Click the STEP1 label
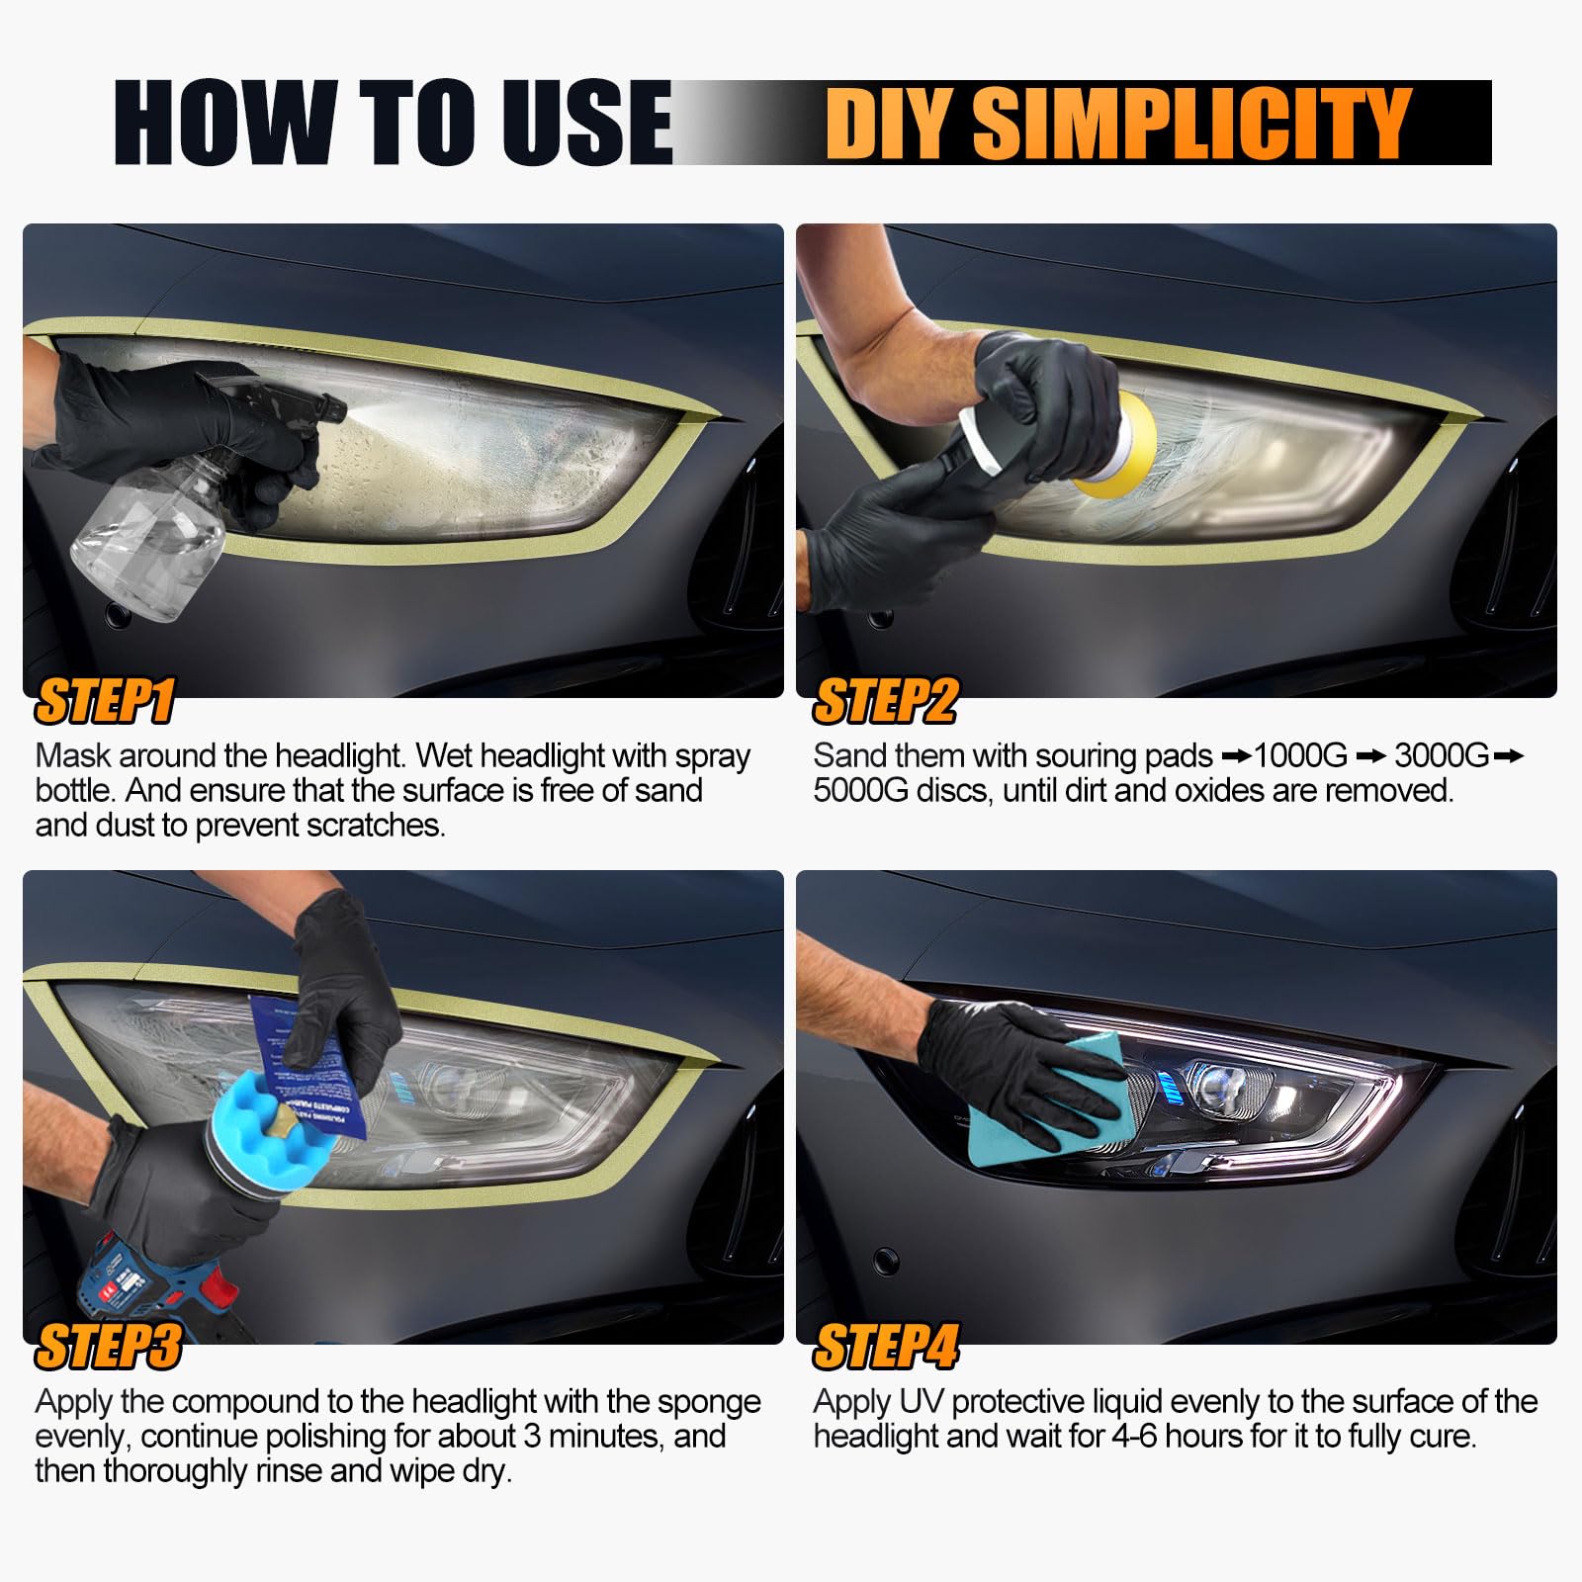coord(105,701)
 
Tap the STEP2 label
coord(885,701)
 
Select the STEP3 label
coord(109,1346)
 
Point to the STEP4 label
coord(886,1346)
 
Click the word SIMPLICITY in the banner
coord(1191,123)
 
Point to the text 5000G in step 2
coord(858,791)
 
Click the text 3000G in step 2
coord(1441,756)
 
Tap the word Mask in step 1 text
coord(72,756)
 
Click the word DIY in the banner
coord(890,123)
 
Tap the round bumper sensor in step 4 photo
coord(886,1261)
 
